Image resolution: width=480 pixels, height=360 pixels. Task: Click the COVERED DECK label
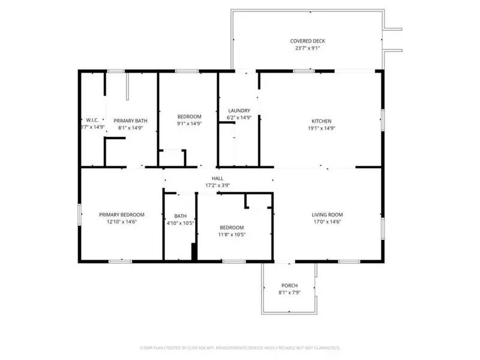[308, 41]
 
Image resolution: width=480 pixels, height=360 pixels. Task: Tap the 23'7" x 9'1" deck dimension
[308, 49]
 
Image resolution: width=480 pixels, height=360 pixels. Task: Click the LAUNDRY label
[239, 110]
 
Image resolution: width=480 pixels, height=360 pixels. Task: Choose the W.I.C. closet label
[92, 120]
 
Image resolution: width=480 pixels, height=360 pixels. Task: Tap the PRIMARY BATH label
[130, 121]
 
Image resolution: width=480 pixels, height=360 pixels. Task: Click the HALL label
[218, 178]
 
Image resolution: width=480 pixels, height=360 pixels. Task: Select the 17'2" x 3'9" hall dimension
[218, 185]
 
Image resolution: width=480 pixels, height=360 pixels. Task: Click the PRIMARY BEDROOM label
[122, 215]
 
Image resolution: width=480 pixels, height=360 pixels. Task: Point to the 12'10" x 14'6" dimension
[122, 222]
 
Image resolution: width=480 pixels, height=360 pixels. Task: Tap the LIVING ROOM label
[327, 215]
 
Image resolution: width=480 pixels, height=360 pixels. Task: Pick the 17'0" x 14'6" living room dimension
[327, 222]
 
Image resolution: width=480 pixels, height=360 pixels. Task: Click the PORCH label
[290, 285]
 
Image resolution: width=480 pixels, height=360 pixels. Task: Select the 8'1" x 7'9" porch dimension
[290, 292]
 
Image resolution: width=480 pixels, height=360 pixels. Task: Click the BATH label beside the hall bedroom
[181, 216]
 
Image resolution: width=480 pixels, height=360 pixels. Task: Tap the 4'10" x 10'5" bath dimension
[181, 223]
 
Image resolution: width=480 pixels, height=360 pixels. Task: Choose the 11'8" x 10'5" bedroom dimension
[232, 235]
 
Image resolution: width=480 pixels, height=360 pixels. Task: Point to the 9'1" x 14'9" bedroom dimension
[189, 124]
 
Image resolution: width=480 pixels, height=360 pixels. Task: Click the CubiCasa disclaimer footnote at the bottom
[240, 347]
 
